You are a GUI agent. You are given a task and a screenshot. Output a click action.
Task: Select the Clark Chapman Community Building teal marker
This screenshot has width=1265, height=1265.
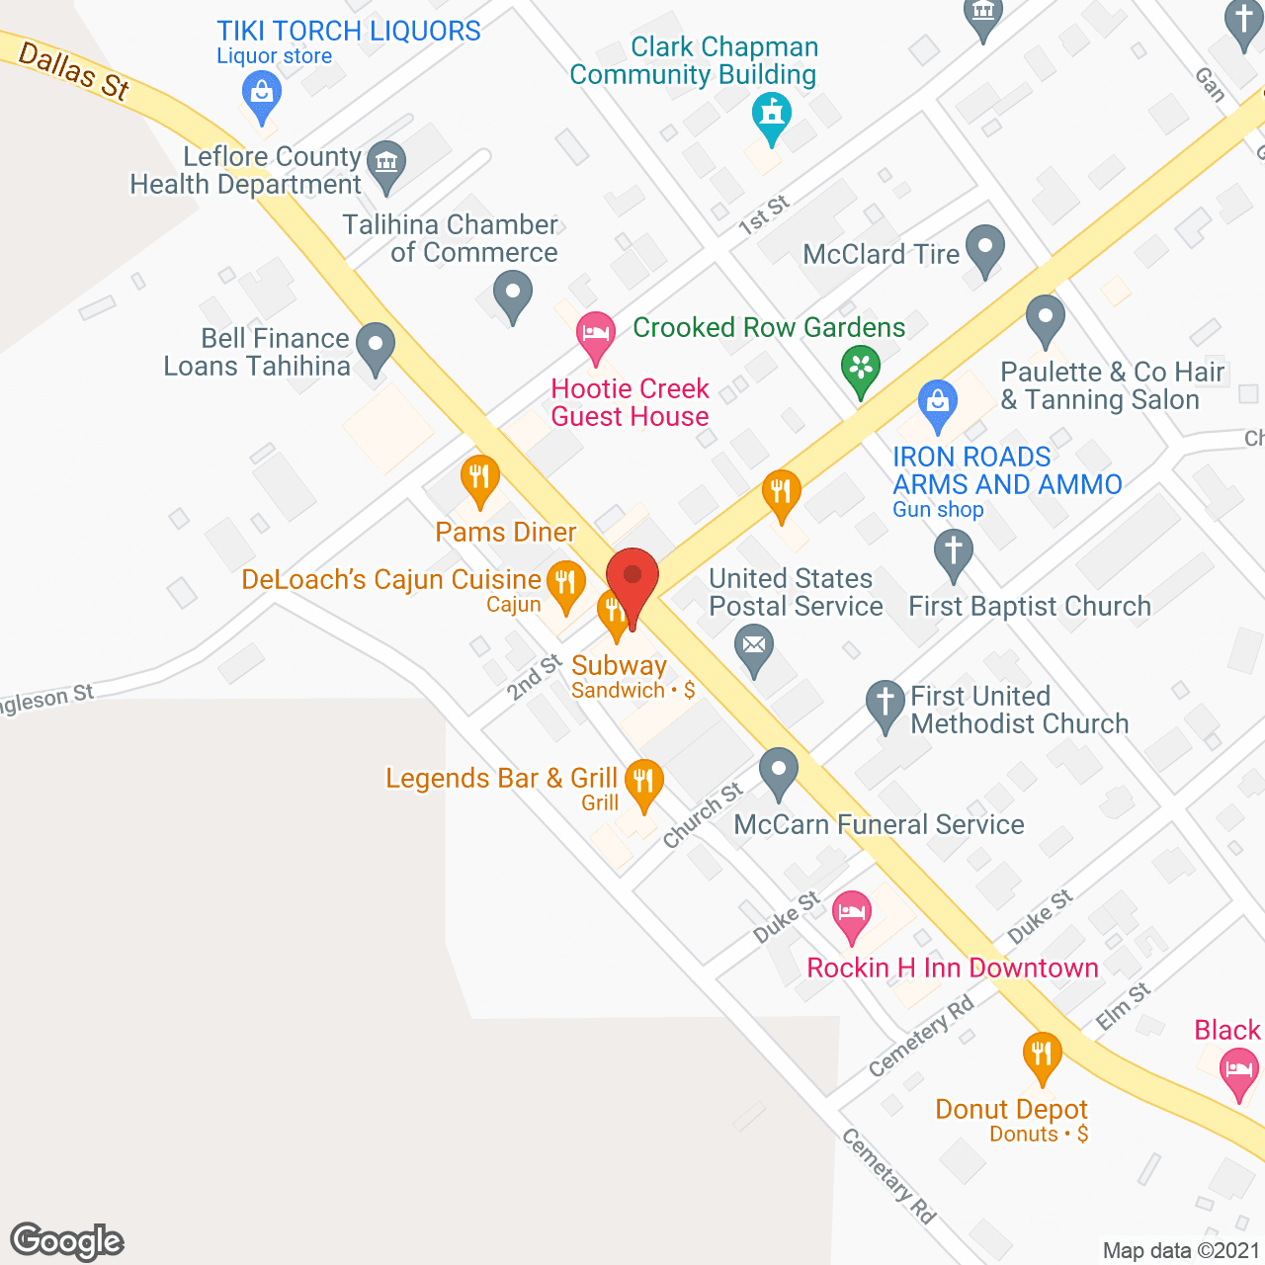772,114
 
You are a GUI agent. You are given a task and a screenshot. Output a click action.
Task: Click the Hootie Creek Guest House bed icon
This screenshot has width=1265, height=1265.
596,333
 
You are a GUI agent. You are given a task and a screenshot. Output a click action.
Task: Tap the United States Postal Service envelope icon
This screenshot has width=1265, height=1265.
755,647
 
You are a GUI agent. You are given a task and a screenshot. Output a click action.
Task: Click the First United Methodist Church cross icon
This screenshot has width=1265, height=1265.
885,704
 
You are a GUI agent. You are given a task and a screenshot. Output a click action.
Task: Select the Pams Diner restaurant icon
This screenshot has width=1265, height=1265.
479,478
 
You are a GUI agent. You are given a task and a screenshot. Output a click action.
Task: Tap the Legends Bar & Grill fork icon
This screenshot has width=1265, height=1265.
644,782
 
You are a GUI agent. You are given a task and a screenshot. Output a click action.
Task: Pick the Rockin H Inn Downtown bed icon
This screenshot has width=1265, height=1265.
852,912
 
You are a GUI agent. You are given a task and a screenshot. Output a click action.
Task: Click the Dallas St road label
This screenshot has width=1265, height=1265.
74,71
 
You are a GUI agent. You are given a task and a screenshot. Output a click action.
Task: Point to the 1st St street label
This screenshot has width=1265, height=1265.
764,214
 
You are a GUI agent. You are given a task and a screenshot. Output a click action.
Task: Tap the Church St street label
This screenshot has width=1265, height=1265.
702,815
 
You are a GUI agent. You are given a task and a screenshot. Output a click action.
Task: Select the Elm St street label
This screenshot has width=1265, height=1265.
1124,1007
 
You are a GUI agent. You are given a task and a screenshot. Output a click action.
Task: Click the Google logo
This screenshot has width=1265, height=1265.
67,1241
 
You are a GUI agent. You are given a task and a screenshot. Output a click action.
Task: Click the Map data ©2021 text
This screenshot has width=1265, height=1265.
1181,1250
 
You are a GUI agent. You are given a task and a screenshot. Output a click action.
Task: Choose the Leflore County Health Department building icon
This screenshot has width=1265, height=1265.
386,163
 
